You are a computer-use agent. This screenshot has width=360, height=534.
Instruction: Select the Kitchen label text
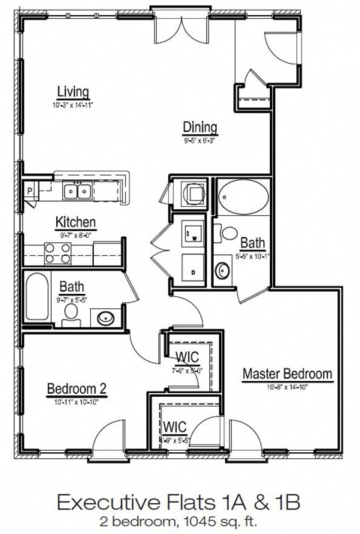click(x=75, y=222)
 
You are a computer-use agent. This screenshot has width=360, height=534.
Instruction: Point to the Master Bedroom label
click(x=286, y=373)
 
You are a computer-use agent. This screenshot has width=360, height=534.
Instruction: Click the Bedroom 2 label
click(x=76, y=388)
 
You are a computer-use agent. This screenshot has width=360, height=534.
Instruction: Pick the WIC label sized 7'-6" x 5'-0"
click(x=187, y=355)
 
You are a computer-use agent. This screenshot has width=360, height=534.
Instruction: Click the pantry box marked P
click(x=30, y=191)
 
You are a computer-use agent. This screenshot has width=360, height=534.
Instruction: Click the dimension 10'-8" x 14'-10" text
click(x=286, y=387)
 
